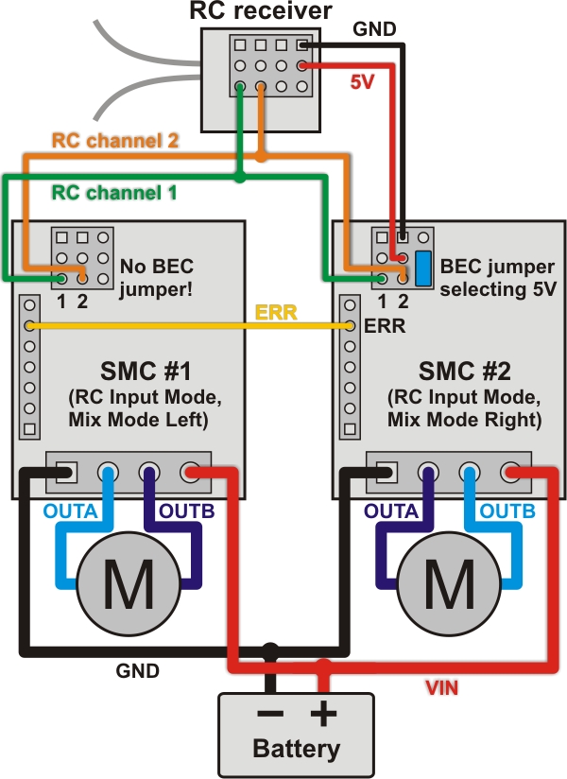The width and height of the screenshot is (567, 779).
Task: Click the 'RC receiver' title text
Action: [x=260, y=11]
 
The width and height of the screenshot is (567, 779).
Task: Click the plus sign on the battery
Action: [x=323, y=715]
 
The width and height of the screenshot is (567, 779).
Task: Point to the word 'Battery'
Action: [x=296, y=750]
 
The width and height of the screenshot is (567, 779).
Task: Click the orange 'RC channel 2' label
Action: [x=114, y=141]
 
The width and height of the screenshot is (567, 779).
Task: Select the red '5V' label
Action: [x=362, y=82]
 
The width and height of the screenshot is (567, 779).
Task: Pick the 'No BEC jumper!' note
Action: [x=156, y=275]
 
